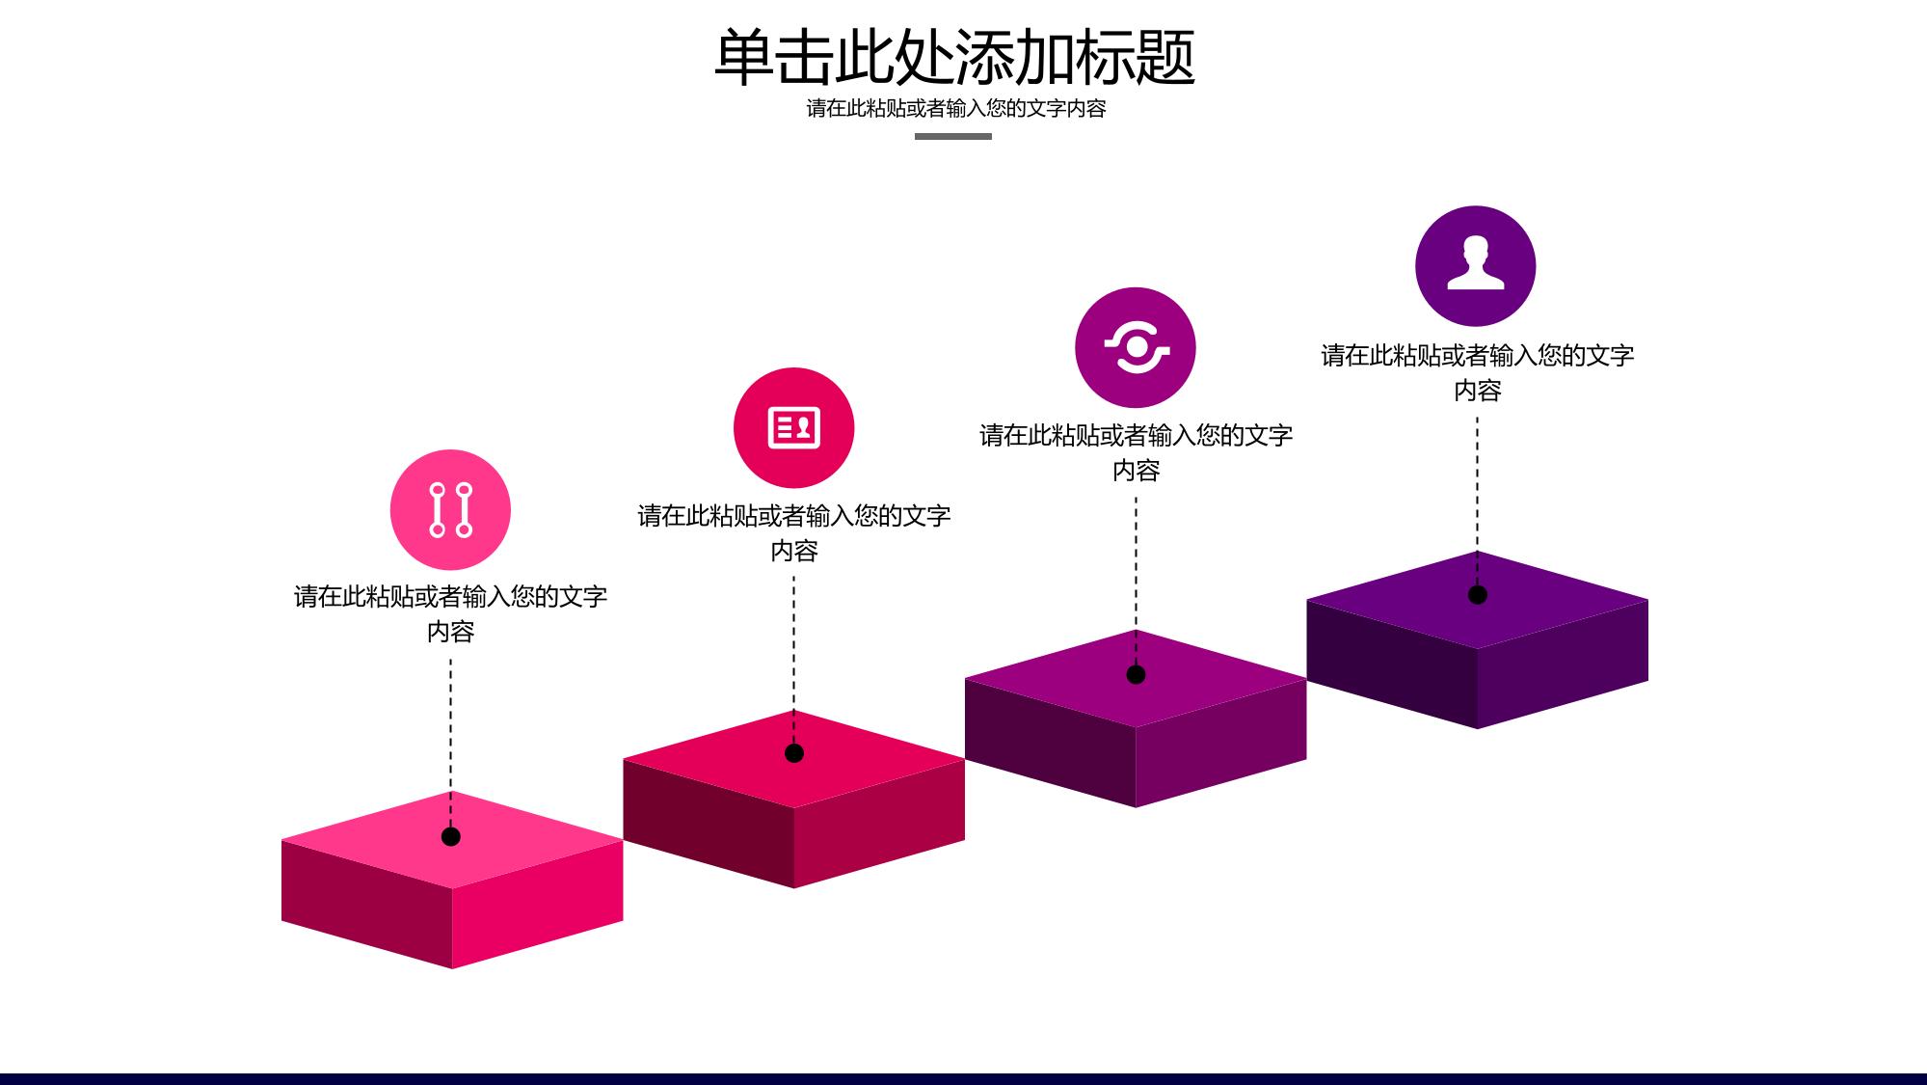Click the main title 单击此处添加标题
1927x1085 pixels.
(954, 57)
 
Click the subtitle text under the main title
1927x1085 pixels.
(955, 108)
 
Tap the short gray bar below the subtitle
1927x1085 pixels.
(952, 136)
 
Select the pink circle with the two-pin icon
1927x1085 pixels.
(450, 509)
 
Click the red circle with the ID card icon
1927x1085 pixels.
(793, 427)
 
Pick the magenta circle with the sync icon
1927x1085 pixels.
(1136, 347)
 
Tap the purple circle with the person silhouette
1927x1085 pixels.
(1475, 265)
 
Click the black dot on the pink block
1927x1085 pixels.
(450, 836)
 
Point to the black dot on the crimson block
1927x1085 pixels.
(794, 753)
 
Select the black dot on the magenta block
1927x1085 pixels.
(1136, 674)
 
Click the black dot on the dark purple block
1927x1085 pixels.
(1477, 595)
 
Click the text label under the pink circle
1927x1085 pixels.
(450, 613)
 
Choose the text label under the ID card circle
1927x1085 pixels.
(793, 532)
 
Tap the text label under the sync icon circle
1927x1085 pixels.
(1136, 452)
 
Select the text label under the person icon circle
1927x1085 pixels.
(1477, 372)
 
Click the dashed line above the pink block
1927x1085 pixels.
(450, 743)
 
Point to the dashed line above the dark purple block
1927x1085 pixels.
(1477, 501)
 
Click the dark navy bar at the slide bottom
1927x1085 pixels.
(963, 1079)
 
